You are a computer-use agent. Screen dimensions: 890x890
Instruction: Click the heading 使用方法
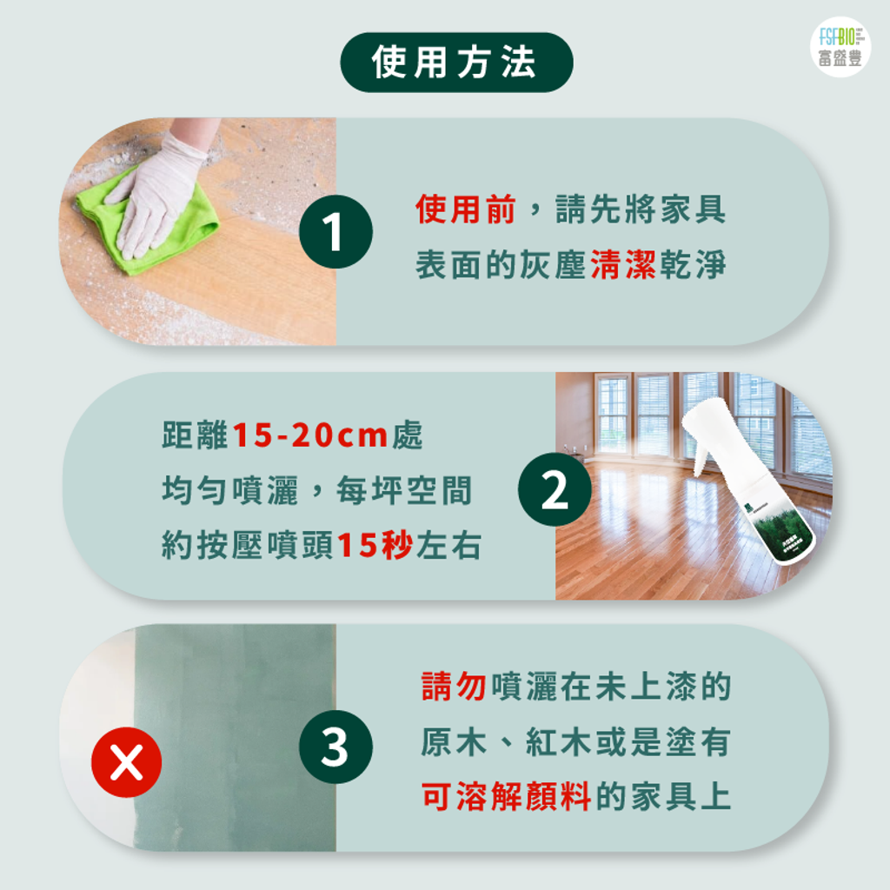pyautogui.click(x=455, y=63)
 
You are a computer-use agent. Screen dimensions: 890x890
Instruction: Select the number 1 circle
pyautogui.click(x=335, y=232)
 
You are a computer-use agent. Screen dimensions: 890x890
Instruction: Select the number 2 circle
pyautogui.click(x=554, y=492)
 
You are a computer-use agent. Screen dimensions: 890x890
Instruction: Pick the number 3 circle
pyautogui.click(x=335, y=747)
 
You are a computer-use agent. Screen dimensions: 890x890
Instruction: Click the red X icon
pyautogui.click(x=127, y=762)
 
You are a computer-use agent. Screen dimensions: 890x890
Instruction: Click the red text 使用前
pyautogui.click(x=466, y=210)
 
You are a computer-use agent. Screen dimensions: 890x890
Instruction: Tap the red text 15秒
pyautogui.click(x=374, y=546)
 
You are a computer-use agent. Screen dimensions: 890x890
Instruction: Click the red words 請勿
pyautogui.click(x=454, y=687)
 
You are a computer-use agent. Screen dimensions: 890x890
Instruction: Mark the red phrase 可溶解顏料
pyautogui.click(x=506, y=797)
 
